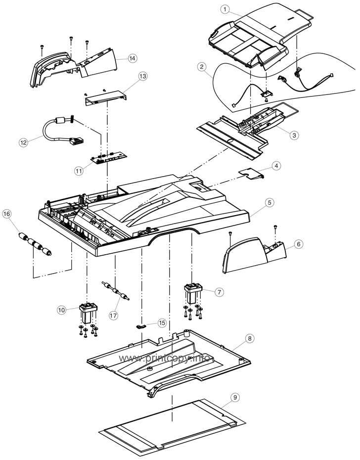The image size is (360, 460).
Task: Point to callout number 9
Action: click(235, 397)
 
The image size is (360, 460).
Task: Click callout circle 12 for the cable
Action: click(23, 142)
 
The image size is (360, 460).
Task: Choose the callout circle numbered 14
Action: click(132, 58)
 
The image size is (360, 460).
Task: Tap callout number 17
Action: click(114, 314)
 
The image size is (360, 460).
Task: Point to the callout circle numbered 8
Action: click(250, 338)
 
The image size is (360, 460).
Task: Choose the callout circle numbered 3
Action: click(280, 135)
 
